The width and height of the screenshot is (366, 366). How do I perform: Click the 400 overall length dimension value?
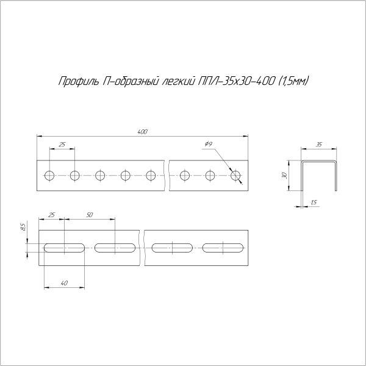143,132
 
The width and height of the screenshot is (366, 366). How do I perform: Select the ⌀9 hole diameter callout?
208,143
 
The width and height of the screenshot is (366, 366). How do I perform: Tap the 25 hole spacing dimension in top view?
62,144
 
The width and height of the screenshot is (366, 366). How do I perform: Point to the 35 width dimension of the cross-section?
319,144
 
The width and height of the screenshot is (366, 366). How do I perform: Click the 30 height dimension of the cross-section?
284,176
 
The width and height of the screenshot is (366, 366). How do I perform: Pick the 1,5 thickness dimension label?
314,202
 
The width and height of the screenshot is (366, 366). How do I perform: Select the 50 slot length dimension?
90,215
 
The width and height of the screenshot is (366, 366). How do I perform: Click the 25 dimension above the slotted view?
51,215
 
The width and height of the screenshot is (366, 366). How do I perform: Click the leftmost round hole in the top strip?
49,176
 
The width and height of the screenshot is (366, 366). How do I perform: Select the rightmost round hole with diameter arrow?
236,176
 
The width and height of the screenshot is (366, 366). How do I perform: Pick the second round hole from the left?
74,176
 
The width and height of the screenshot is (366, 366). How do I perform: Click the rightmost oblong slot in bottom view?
224,248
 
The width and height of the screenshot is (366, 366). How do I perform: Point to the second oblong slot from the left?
115,248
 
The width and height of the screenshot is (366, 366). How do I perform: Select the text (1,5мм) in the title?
294,81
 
